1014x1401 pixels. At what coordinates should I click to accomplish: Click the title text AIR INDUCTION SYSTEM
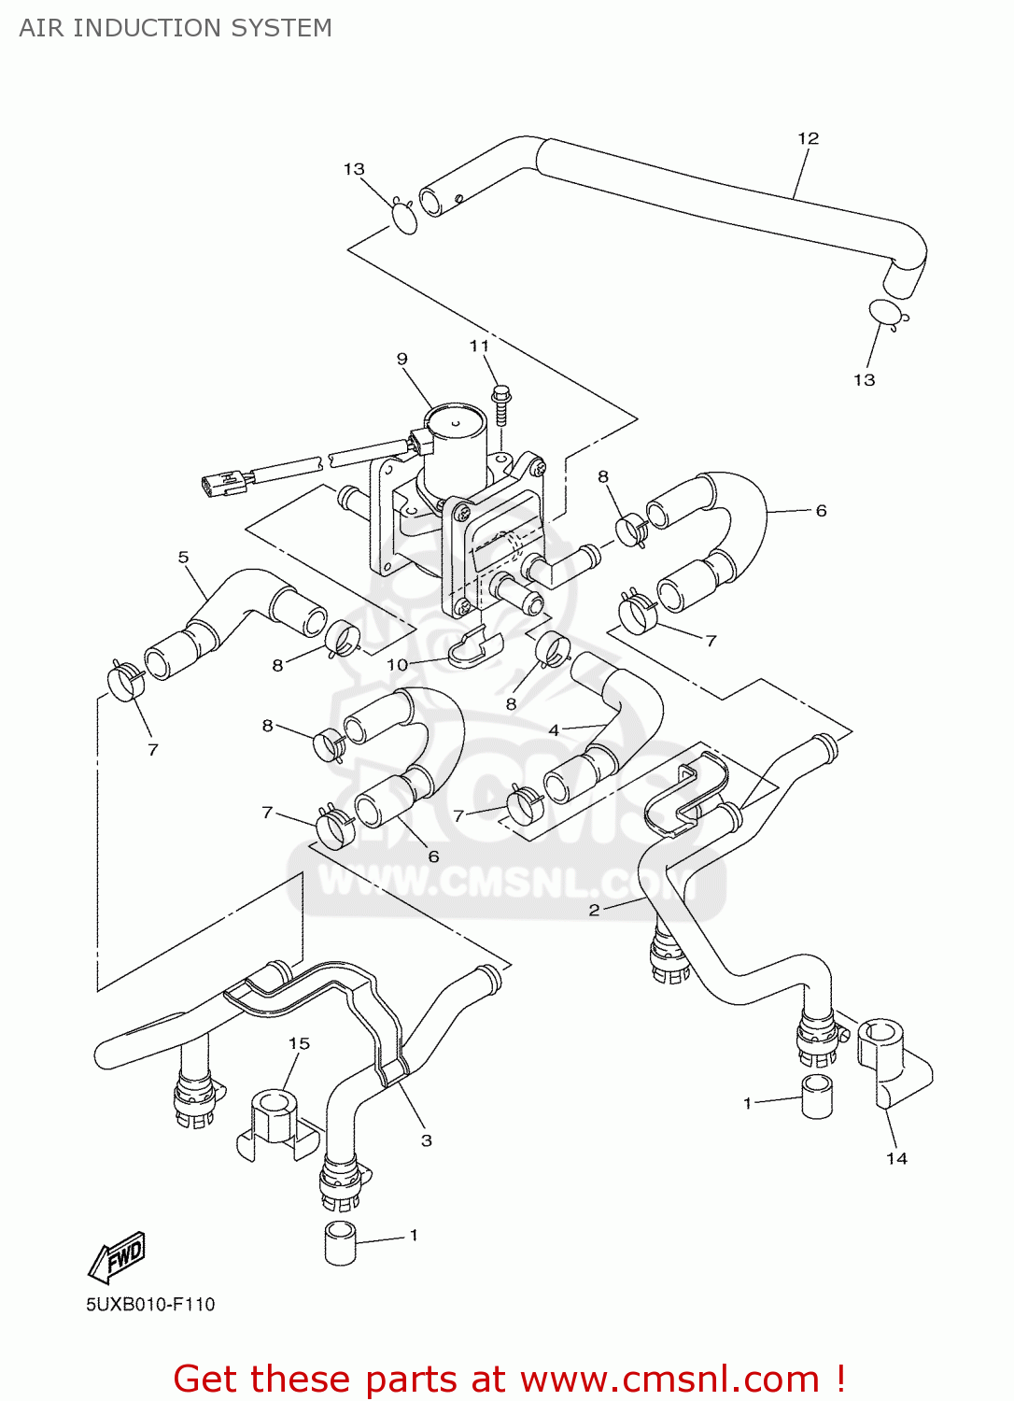click(176, 28)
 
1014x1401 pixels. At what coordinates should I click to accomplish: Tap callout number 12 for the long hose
click(808, 138)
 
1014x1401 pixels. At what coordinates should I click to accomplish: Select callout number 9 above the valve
click(401, 359)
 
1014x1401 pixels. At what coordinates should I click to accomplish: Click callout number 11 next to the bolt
click(479, 346)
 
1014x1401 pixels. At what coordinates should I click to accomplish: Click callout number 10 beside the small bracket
click(398, 664)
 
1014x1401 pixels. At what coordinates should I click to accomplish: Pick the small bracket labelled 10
click(474, 648)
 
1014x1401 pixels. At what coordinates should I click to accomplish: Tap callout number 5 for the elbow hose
click(183, 558)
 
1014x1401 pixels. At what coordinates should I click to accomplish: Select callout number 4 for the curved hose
click(554, 729)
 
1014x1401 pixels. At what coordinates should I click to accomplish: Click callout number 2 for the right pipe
click(594, 910)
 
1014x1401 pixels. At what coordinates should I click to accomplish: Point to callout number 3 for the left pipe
click(426, 1139)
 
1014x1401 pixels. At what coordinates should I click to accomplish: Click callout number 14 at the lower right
click(896, 1158)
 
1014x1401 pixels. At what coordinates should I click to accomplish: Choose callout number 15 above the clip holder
click(299, 1043)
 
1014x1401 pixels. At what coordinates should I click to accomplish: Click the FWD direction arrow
click(118, 1256)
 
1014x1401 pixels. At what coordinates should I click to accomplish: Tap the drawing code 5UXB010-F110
click(150, 1305)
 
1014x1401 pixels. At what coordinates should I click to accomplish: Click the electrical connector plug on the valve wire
click(225, 482)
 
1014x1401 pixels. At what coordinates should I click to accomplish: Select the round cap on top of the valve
click(455, 422)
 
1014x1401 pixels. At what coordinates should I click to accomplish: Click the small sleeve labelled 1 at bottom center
click(341, 1242)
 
